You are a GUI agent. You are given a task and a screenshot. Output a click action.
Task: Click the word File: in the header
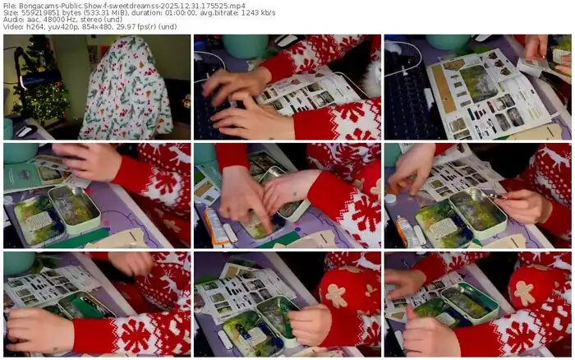click(10, 6)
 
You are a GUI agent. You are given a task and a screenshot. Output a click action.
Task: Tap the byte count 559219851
click(34, 13)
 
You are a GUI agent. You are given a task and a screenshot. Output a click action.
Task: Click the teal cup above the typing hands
click(245, 46)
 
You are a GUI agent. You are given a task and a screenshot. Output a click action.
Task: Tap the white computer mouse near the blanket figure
click(25, 131)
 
